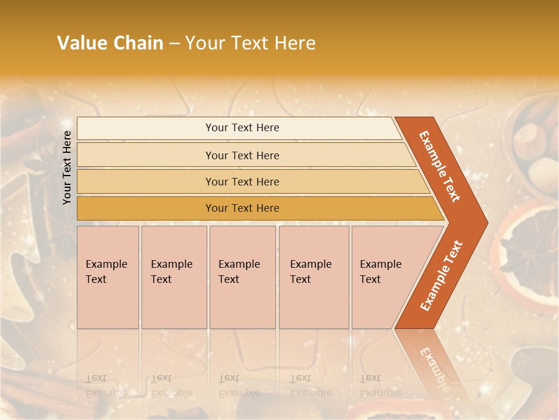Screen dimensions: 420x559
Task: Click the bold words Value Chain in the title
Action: click(x=110, y=43)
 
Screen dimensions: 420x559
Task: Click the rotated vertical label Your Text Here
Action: click(x=67, y=167)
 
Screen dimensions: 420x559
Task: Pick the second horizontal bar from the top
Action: click(x=242, y=155)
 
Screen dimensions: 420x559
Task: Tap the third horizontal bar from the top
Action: click(x=242, y=181)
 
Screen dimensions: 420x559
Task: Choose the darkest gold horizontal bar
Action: click(x=242, y=208)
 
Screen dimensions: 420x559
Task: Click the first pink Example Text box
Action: click(x=108, y=277)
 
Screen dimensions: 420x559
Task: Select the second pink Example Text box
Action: click(x=174, y=277)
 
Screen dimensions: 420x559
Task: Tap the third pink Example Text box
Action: click(x=242, y=277)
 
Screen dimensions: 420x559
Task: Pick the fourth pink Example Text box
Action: click(x=314, y=277)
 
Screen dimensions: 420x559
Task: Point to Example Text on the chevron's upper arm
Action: click(x=440, y=166)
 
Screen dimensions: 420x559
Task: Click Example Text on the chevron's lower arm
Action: click(x=441, y=275)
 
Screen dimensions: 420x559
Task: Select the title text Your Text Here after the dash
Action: click(x=250, y=43)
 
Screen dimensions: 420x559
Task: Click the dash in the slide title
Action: click(x=174, y=44)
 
